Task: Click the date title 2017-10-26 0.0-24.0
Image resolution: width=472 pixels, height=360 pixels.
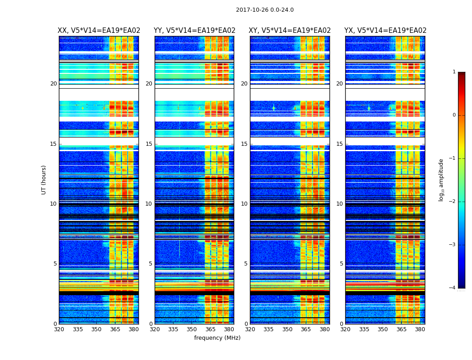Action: coord(265,10)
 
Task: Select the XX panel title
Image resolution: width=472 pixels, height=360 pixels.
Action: coord(99,31)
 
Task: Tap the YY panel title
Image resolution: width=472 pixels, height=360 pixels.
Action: coord(194,31)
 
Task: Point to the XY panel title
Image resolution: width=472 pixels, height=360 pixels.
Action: coord(290,31)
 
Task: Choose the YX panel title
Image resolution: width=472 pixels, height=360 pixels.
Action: coord(385,31)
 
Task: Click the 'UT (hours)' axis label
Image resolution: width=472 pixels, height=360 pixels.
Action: coord(44,180)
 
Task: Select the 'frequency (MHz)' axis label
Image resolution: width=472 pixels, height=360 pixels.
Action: coord(217,338)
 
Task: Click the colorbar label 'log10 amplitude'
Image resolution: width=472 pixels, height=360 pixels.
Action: coord(441,180)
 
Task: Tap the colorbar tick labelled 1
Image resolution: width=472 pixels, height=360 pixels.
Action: coord(454,72)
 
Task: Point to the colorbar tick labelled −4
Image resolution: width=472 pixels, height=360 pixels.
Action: coord(453,288)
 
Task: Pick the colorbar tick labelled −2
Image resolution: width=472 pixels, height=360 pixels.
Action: coord(453,202)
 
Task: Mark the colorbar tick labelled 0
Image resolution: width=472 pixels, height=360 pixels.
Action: coord(454,115)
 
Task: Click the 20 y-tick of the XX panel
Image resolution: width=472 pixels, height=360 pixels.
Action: coord(53,84)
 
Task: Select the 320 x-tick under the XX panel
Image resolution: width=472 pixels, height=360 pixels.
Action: coord(59,329)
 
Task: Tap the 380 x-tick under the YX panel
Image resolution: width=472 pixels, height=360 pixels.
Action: coord(420,329)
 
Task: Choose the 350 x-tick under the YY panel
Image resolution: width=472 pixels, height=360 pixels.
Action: coord(192,329)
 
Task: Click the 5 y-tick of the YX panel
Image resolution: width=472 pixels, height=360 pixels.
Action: coord(341,264)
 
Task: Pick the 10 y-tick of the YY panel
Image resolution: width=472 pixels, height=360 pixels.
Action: coord(149,204)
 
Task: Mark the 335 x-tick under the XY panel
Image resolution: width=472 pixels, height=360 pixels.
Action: coord(269,329)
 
